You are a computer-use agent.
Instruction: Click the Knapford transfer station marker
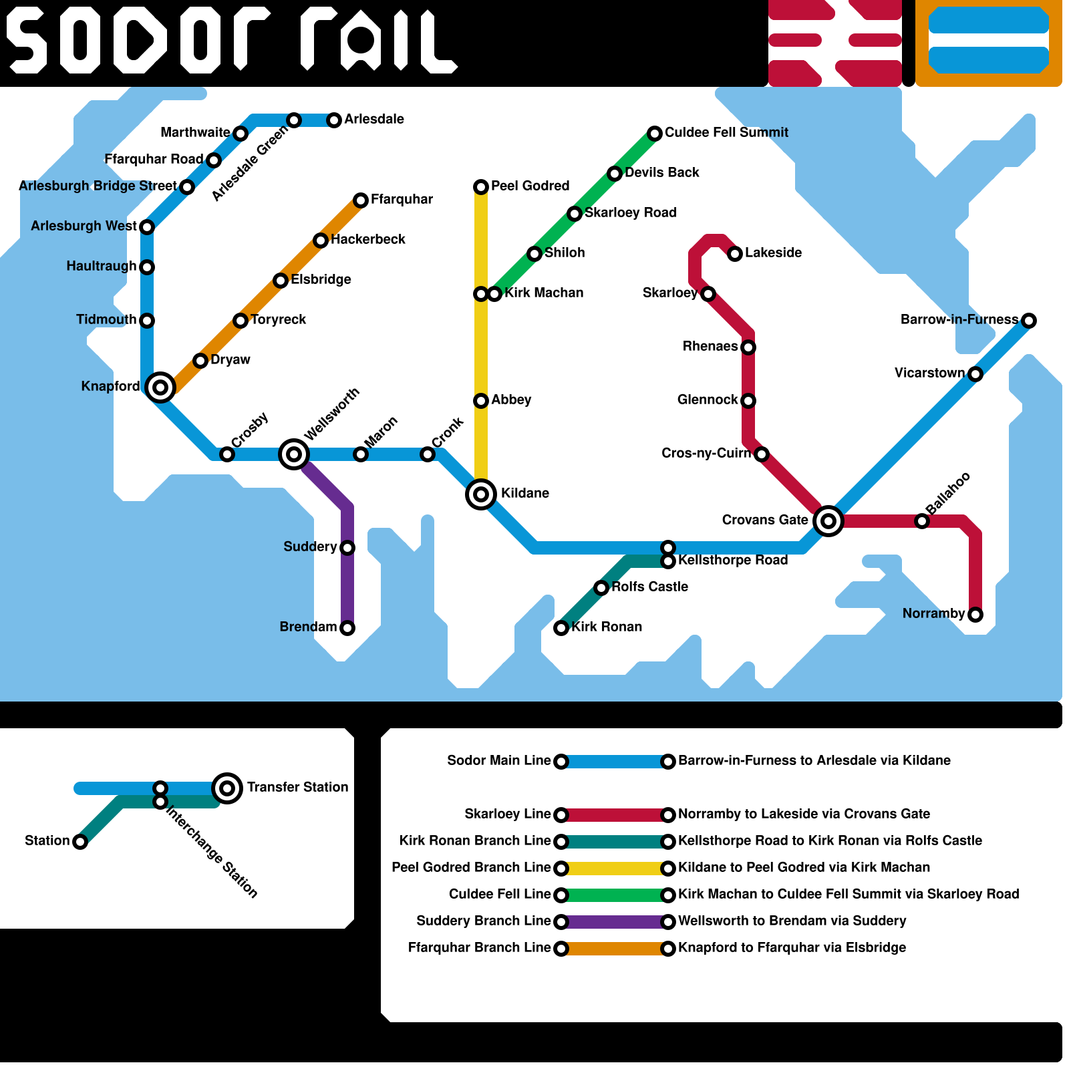160,387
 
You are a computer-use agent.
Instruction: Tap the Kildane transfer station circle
481,494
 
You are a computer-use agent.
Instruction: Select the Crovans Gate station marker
828,520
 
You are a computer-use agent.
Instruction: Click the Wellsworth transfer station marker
294,454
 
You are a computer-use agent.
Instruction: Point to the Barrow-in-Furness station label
959,320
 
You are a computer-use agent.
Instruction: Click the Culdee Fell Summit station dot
655,134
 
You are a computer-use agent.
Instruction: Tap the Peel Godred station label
530,186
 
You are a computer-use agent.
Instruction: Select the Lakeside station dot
735,254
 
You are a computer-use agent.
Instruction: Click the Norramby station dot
975,615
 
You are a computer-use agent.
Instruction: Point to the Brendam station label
308,627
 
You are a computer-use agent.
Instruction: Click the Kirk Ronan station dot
561,628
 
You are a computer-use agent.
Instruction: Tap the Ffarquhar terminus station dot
361,200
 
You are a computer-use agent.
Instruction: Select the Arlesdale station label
374,120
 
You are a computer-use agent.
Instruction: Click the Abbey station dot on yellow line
481,401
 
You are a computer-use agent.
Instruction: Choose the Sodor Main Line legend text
499,761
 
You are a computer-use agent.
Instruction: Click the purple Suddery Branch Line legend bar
615,922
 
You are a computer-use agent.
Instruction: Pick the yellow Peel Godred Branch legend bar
615,869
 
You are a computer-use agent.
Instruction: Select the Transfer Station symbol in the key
227,788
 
